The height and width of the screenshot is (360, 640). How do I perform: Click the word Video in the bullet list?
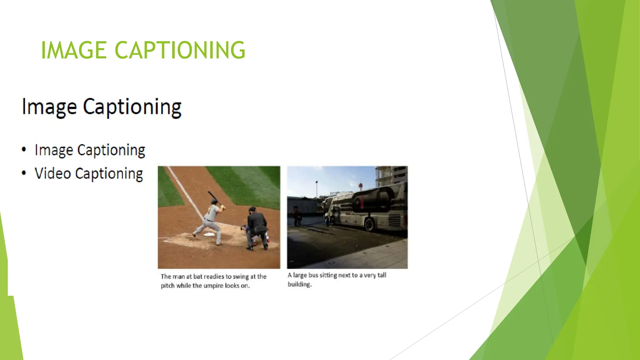[53, 173]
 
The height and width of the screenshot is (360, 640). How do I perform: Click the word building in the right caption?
[299, 284]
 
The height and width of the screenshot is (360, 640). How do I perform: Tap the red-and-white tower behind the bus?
[360, 187]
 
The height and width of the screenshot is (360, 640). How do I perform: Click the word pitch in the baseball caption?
[167, 286]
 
